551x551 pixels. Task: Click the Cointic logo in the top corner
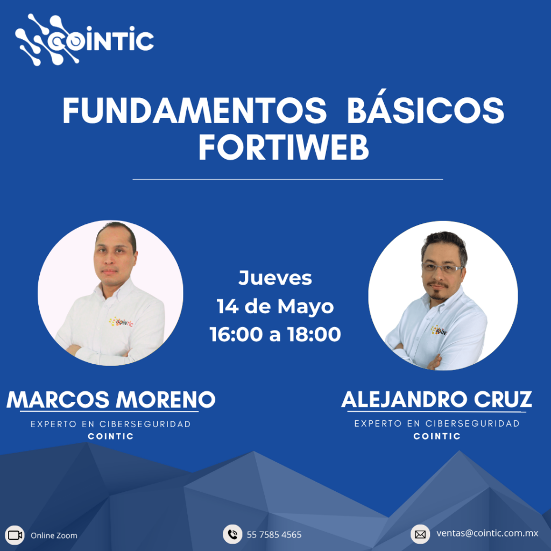click(x=84, y=40)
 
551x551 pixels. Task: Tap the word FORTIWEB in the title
click(x=284, y=148)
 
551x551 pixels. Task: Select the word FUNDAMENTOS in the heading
click(x=195, y=111)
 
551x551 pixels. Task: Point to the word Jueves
click(x=275, y=278)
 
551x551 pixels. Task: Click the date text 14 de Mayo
click(x=275, y=307)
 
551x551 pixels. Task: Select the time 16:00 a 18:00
click(x=275, y=334)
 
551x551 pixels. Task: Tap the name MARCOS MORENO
click(x=111, y=400)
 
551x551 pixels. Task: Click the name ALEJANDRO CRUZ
click(x=436, y=400)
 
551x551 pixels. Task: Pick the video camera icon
click(x=15, y=535)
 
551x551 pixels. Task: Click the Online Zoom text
click(x=54, y=535)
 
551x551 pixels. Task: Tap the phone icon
click(x=232, y=534)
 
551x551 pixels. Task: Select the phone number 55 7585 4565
click(x=274, y=535)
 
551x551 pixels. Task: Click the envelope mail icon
click(x=420, y=534)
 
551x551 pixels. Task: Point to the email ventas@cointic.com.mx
click(x=488, y=533)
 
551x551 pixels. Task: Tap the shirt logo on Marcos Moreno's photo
click(x=121, y=322)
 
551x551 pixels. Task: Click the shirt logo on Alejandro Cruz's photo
click(x=439, y=330)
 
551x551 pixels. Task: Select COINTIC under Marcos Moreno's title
click(x=111, y=436)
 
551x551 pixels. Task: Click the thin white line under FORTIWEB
click(x=287, y=179)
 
